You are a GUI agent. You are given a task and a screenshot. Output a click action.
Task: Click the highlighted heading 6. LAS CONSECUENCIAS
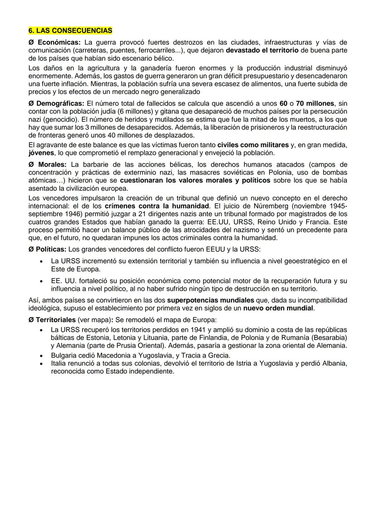[x=70, y=31]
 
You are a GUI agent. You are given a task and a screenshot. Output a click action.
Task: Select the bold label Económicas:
[x=59, y=43]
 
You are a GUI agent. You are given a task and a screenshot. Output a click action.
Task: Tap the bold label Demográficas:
[x=60, y=104]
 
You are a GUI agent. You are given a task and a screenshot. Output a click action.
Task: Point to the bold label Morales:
[x=52, y=164]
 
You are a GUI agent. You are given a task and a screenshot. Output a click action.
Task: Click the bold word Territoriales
[x=55, y=320]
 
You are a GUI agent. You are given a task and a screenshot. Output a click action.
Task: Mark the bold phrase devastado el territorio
[x=262, y=50]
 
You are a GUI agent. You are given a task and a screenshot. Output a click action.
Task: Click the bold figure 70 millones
[x=315, y=104]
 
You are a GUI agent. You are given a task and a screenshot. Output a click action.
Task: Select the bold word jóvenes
[x=41, y=153]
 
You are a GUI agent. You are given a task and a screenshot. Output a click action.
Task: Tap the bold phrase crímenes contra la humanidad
[x=157, y=206]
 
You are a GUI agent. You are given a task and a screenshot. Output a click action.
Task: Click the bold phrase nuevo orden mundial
[x=278, y=308]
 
